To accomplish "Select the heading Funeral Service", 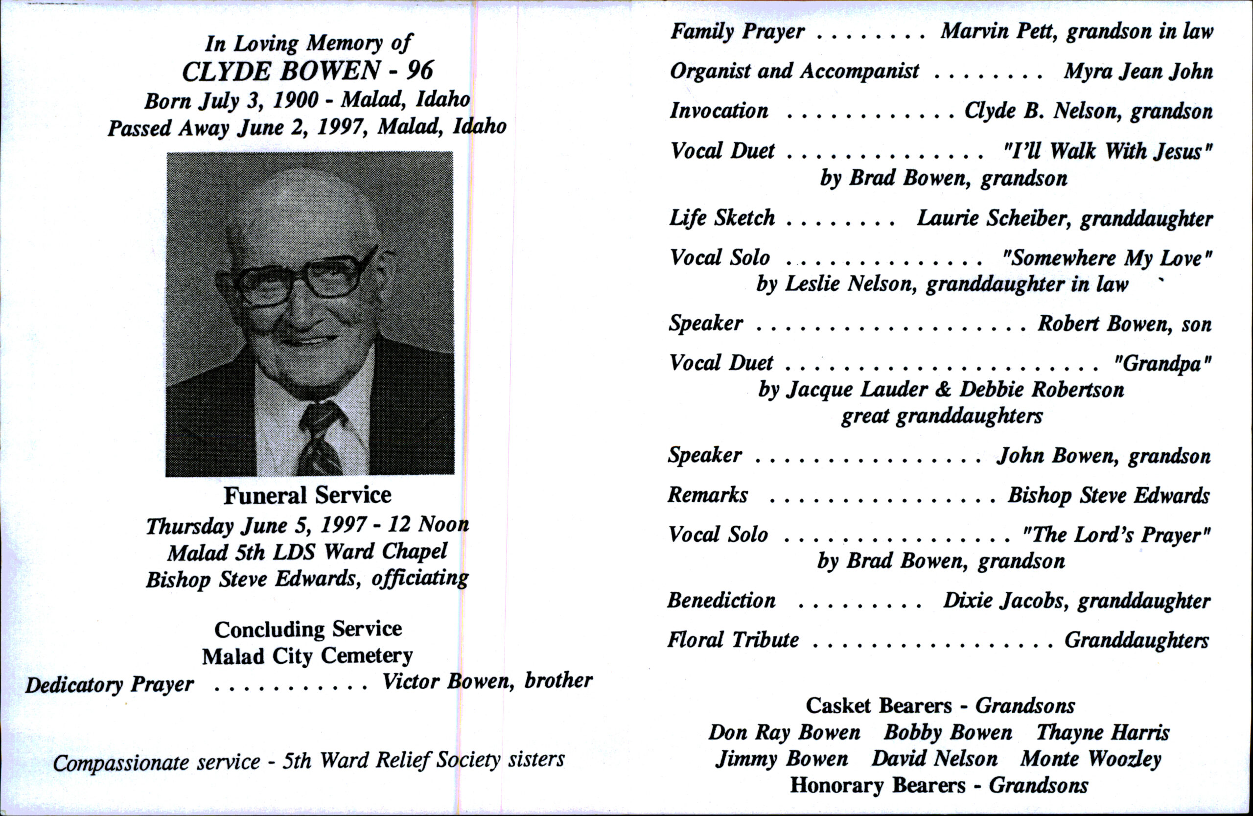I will pos(307,495).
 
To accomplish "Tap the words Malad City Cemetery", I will pos(307,656).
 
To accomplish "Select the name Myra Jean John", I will pos(1138,71).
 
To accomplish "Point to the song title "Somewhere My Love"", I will pos(1107,258).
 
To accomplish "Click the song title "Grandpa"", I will pos(1162,364).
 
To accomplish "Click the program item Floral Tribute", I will pos(733,640).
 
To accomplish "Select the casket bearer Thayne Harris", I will pos(1102,733).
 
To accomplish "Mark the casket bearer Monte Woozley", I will pos(1091,759).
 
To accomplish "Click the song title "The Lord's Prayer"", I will pos(1115,536).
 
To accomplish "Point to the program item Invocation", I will pos(719,111).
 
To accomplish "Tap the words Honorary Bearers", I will pos(878,786).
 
